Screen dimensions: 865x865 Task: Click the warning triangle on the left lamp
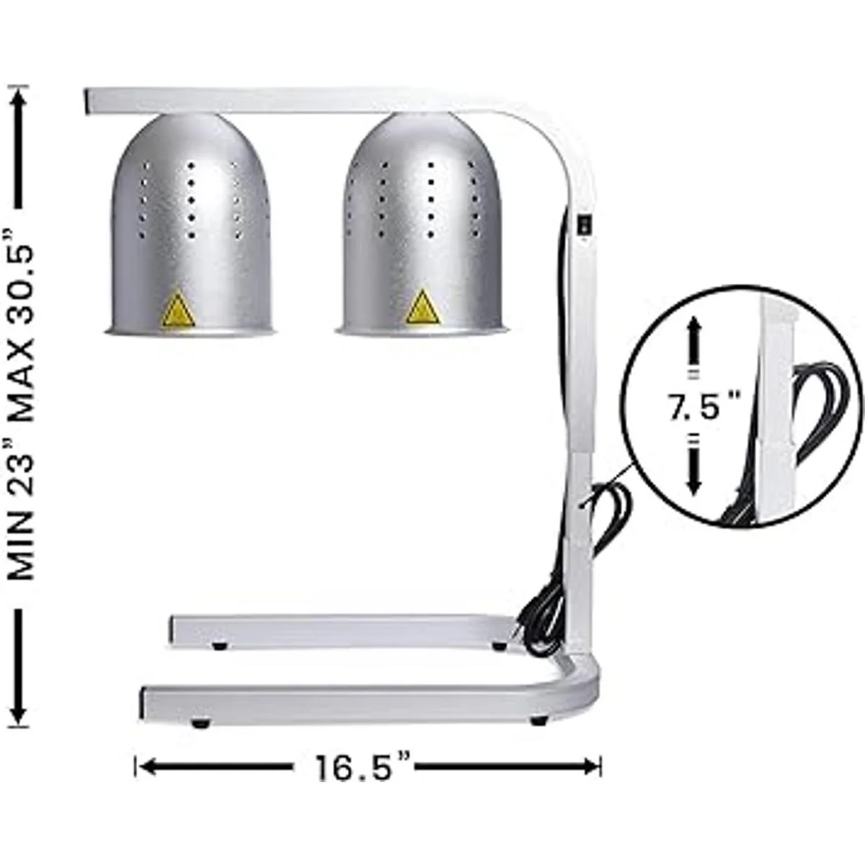[x=179, y=309]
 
